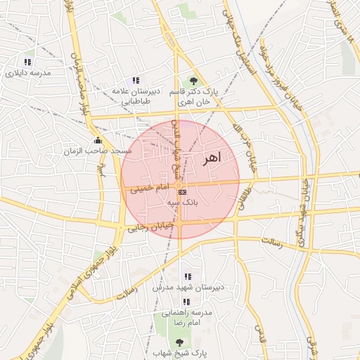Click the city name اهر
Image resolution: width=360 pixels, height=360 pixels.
coord(211,159)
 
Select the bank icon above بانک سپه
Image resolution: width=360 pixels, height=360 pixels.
coord(182,191)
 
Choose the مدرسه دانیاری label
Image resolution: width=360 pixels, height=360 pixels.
coord(29,72)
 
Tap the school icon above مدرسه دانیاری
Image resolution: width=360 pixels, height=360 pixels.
coord(29,61)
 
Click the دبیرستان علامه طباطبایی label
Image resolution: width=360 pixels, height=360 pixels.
coord(136,96)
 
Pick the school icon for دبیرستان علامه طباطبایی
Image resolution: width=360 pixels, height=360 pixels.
coord(136,80)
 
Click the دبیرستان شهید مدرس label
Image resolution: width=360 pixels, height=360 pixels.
coord(188,288)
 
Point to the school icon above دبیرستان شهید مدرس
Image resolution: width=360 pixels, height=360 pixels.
coord(187,276)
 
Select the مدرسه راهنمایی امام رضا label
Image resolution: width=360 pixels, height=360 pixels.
coord(187,316)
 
